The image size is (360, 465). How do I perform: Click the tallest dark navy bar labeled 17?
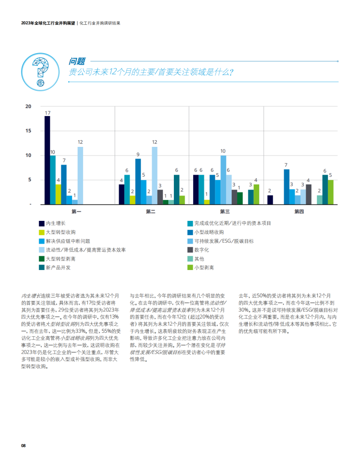[x=47, y=160]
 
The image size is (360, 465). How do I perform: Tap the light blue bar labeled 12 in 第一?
[x=80, y=176]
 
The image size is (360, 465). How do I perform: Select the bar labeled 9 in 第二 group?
[x=138, y=181]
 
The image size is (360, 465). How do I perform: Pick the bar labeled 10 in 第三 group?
[x=223, y=180]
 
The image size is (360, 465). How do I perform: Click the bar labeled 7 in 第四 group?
[x=286, y=187]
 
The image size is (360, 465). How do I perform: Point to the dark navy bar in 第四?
[x=270, y=200]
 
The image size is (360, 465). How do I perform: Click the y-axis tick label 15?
[x=28, y=131]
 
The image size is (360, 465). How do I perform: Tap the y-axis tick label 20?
[x=28, y=106]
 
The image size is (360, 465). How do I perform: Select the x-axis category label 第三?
[x=225, y=211]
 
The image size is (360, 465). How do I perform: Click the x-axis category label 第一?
[x=76, y=211]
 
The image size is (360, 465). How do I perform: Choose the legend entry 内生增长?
[x=52, y=223]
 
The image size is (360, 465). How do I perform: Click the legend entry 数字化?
[x=198, y=250]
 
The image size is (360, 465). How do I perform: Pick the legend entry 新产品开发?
[x=55, y=267]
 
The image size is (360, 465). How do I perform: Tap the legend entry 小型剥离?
[x=201, y=267]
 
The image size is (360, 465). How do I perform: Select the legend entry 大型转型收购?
[x=57, y=232]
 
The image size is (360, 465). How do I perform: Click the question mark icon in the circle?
[x=41, y=72]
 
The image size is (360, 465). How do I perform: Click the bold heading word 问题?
[x=77, y=61]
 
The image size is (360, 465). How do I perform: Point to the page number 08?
[x=23, y=445]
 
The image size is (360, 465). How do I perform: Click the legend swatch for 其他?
[x=190, y=259]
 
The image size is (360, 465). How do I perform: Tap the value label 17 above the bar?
[x=48, y=112]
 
